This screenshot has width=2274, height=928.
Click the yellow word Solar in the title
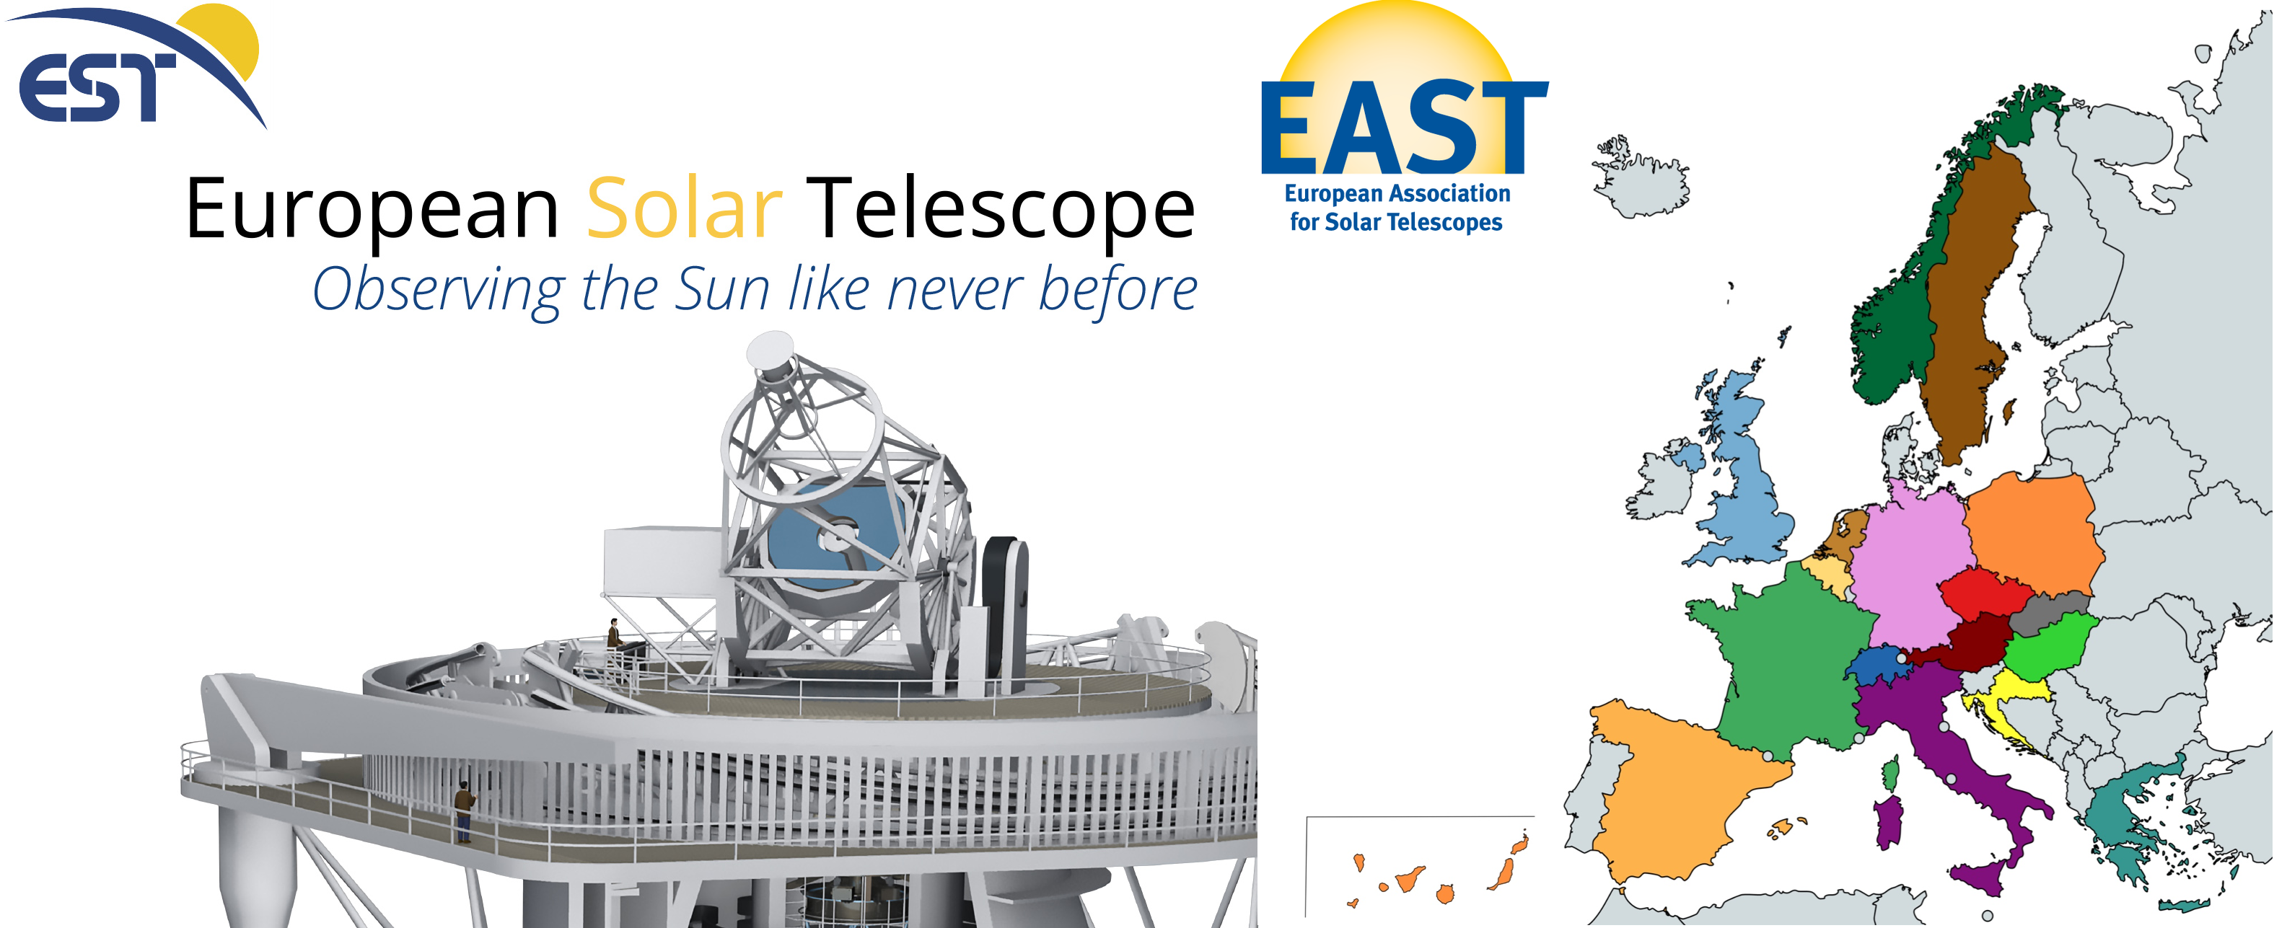pyautogui.click(x=684, y=208)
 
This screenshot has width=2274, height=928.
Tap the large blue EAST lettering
pyautogui.click(x=1405, y=127)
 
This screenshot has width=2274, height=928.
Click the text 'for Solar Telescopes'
pyautogui.click(x=1396, y=222)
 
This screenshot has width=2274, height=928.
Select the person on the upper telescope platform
pyautogui.click(x=613, y=633)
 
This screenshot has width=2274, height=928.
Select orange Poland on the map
pyautogui.click(x=2030, y=534)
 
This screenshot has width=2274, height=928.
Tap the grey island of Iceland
pyautogui.click(x=1643, y=177)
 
